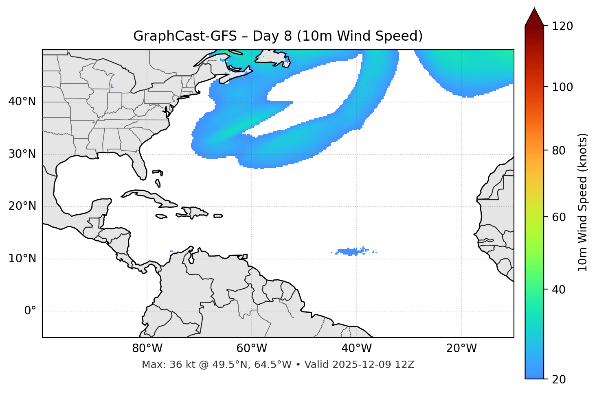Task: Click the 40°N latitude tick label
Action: tap(22, 102)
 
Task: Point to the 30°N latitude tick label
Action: tap(22, 154)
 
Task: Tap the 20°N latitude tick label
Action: tap(22, 206)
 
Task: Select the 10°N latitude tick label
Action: tap(22, 259)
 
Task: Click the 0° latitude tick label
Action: tap(30, 311)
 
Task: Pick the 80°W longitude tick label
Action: tap(147, 348)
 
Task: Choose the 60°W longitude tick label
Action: tap(252, 348)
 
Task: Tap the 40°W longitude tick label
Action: tap(356, 348)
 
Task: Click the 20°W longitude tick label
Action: tap(461, 348)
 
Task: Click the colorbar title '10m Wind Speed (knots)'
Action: tap(583, 202)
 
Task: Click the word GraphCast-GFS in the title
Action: tap(185, 36)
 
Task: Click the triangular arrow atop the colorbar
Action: tap(534, 17)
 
